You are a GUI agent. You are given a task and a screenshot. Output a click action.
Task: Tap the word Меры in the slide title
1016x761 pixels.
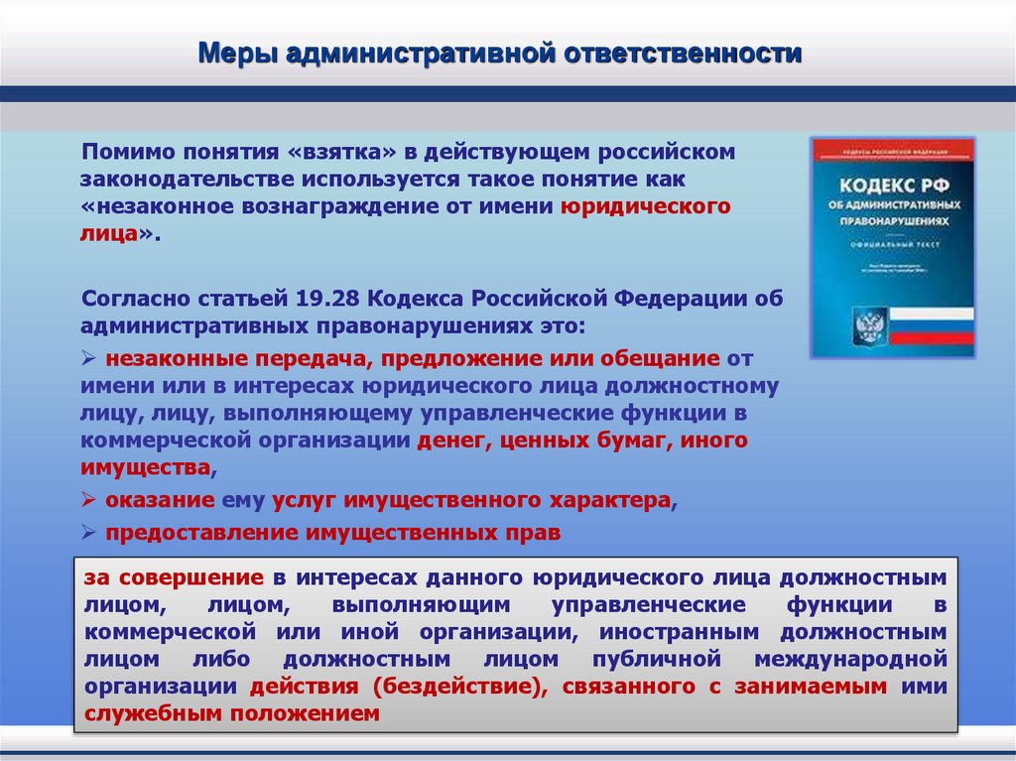click(x=238, y=53)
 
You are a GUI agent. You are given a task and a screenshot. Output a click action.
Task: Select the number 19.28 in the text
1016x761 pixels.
click(x=322, y=299)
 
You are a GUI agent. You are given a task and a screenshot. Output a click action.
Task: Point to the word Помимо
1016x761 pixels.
click(x=126, y=152)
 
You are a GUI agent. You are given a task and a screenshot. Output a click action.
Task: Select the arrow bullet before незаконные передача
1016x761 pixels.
click(x=89, y=358)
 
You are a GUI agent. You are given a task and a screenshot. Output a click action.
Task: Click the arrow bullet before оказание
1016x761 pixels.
click(x=89, y=500)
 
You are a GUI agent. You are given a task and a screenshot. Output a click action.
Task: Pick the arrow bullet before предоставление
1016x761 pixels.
click(x=89, y=533)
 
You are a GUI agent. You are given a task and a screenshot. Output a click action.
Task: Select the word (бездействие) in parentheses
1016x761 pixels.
click(x=456, y=686)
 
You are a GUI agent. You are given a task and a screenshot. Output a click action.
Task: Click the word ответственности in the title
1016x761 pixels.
click(x=684, y=53)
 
